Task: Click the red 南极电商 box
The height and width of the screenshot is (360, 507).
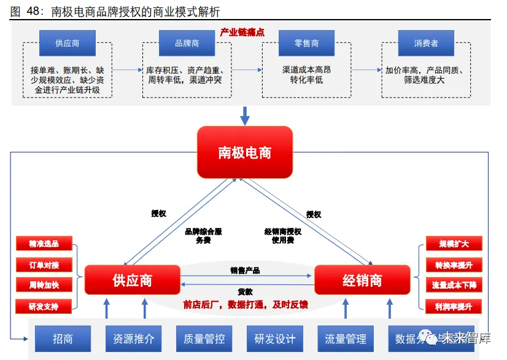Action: pos(244,152)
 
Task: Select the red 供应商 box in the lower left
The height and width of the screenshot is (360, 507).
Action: pos(132,280)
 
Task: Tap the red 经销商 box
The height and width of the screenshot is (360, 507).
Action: pos(362,280)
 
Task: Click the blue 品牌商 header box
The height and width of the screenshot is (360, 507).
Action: pos(187,44)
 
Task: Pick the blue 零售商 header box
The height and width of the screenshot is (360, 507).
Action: pos(306,44)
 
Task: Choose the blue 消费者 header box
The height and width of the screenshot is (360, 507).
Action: pos(426,44)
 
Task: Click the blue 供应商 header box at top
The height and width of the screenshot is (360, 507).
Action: pos(68,44)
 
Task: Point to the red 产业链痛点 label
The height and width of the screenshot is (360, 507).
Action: pos(242,32)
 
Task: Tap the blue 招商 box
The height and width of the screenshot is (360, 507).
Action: pos(63,338)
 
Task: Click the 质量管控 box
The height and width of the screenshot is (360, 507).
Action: pos(204,338)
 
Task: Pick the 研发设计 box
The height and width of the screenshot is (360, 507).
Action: pos(275,338)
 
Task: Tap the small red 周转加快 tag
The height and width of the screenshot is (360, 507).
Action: pos(44,285)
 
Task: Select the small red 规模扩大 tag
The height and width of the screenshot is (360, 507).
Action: pos(454,243)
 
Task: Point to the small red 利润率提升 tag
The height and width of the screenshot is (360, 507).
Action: pos(454,306)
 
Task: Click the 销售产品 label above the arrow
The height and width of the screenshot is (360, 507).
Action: pos(246,270)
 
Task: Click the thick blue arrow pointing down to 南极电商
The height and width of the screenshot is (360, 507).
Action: pos(245,115)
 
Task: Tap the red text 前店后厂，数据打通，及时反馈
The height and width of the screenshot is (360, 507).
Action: pos(246,305)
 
